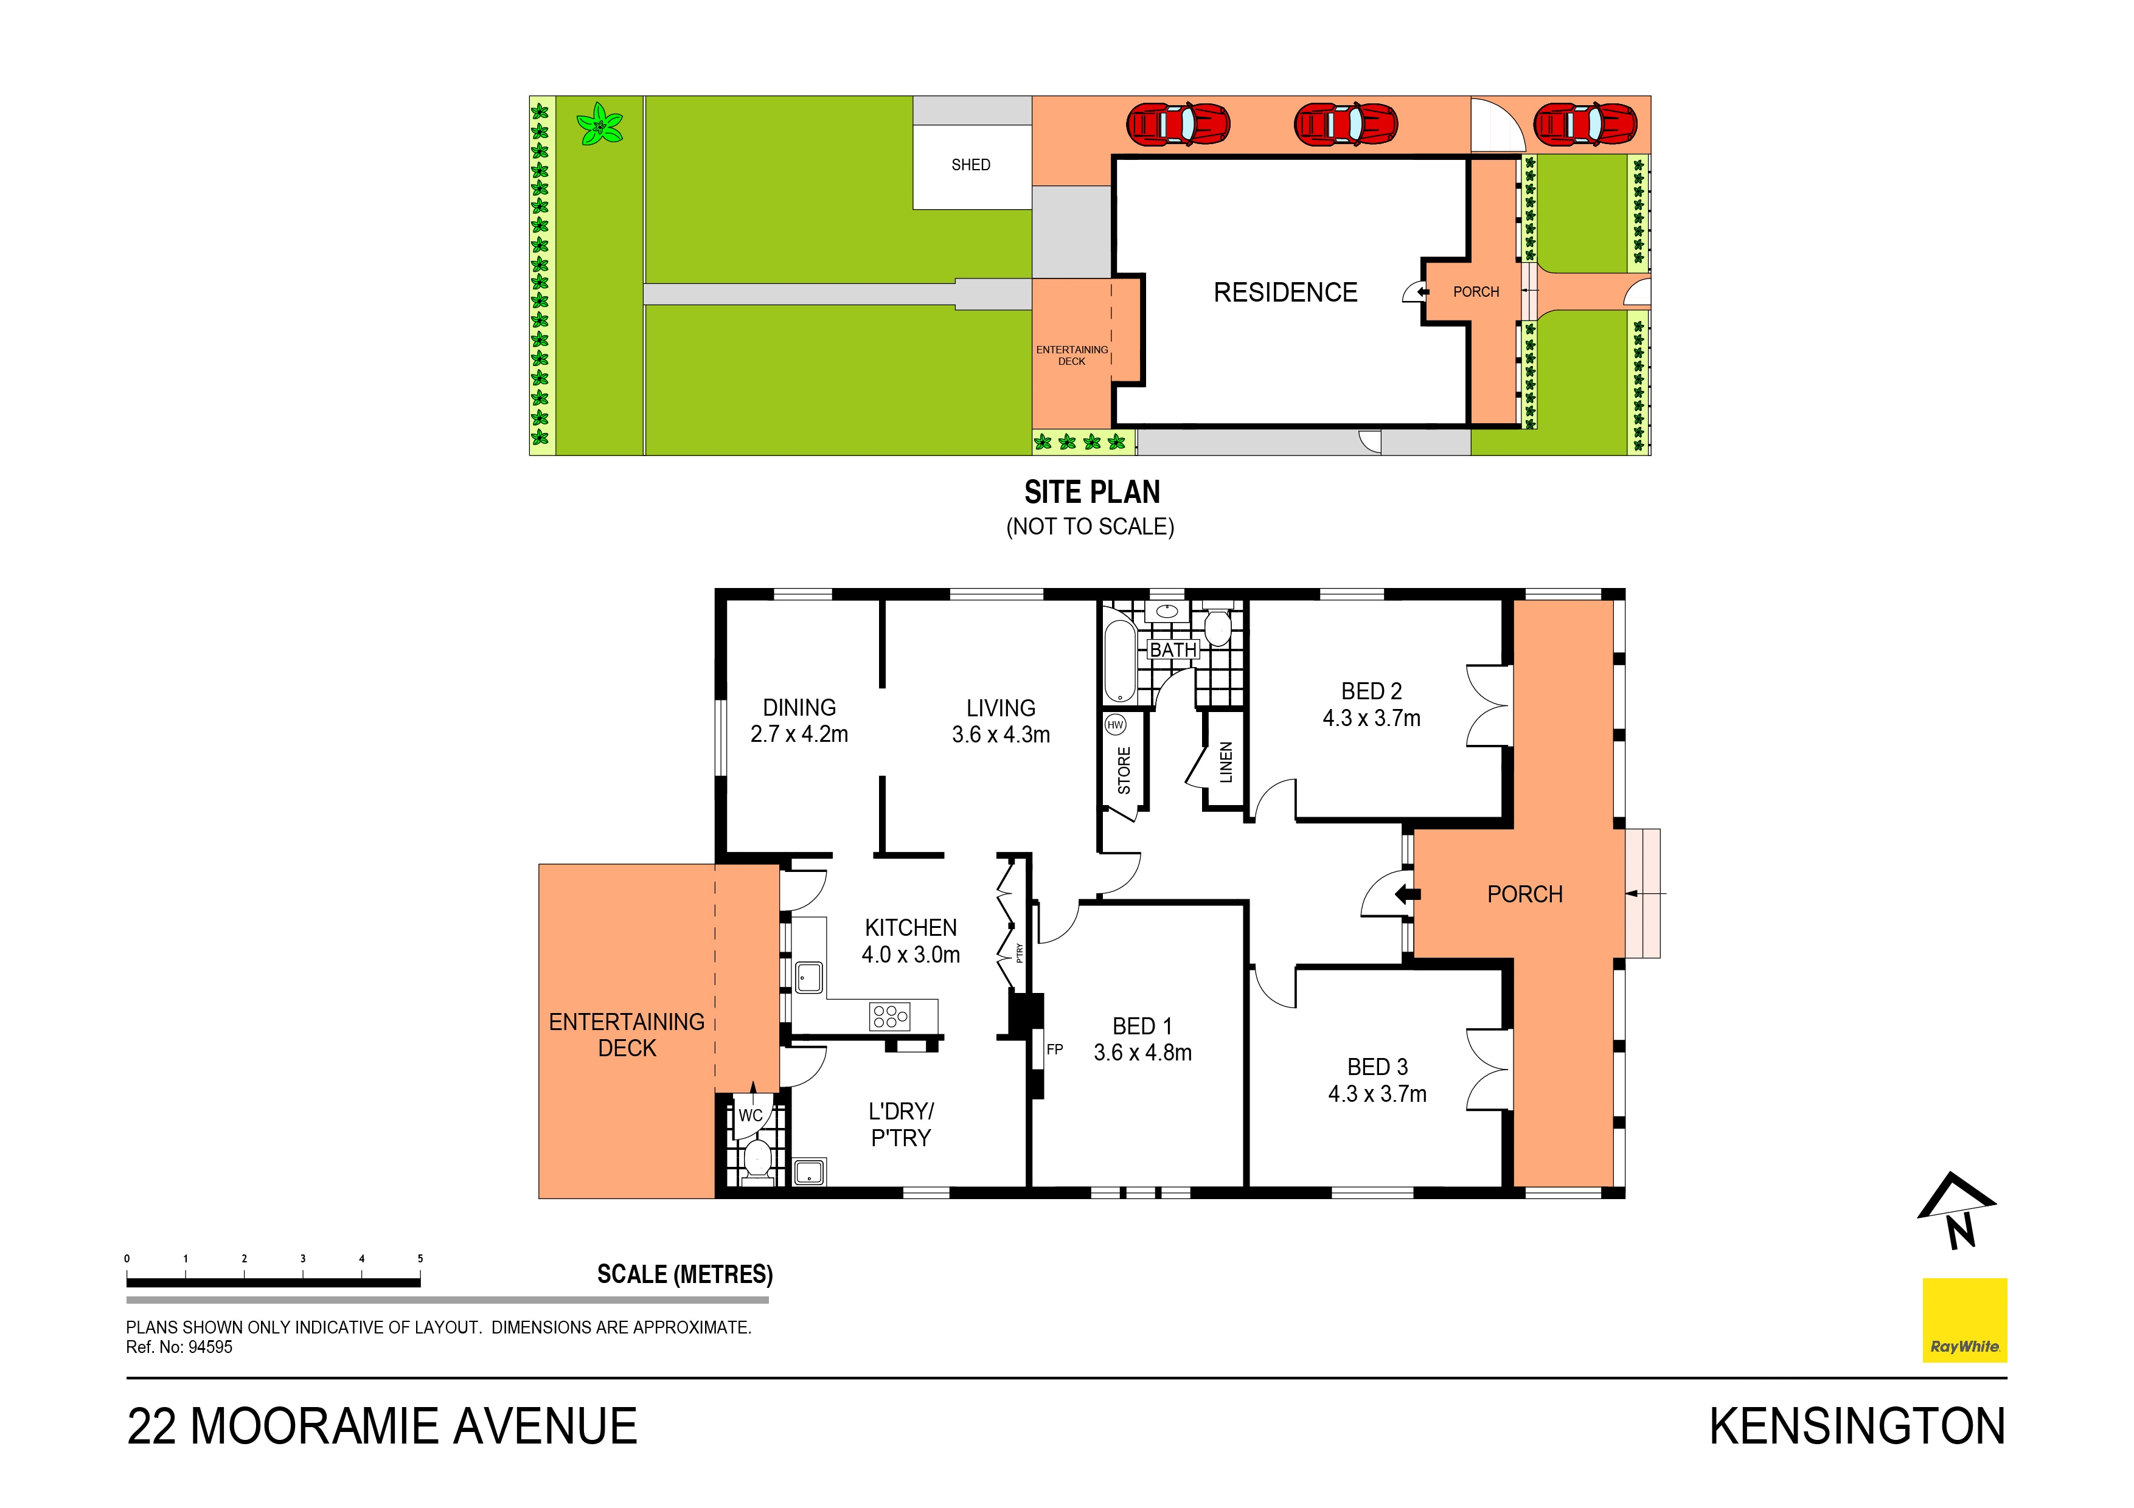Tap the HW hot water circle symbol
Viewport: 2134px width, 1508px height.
[x=1115, y=725]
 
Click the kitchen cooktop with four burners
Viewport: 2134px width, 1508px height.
[x=889, y=1017]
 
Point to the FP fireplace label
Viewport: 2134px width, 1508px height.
[x=1055, y=1050]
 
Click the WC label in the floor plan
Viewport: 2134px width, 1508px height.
[x=750, y=1115]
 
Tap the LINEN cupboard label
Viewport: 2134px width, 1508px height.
[x=1226, y=762]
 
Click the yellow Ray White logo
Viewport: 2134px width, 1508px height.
[x=1964, y=1320]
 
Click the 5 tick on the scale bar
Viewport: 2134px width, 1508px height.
[x=420, y=1260]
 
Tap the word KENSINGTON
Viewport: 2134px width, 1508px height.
[x=1857, y=1427]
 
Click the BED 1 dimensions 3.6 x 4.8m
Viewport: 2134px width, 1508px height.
[x=1142, y=1053]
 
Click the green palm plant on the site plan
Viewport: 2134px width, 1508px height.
[x=599, y=125]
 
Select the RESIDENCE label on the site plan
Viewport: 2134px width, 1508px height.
[x=1285, y=292]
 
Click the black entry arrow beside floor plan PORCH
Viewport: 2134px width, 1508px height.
[x=1407, y=894]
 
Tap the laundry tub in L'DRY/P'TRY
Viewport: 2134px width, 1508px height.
[x=810, y=1172]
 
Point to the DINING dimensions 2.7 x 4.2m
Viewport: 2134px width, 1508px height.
[x=799, y=734]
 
